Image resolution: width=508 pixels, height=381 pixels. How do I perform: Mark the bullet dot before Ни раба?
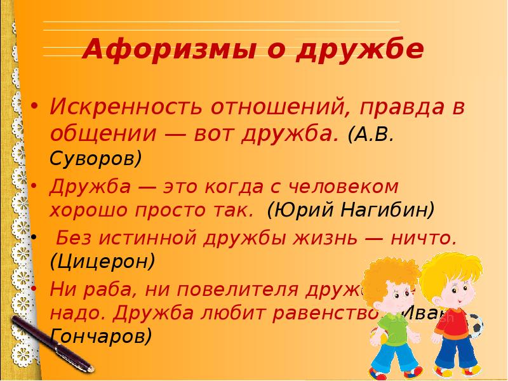(x=36, y=288)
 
